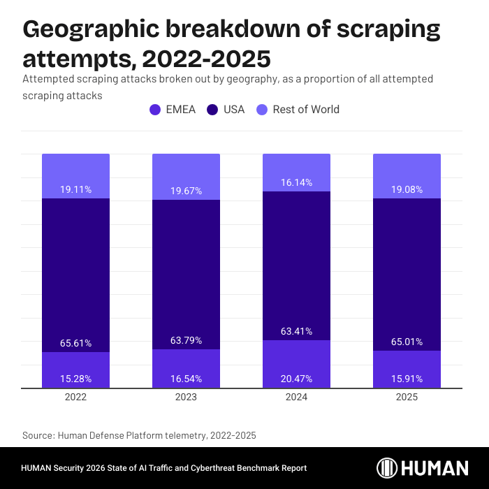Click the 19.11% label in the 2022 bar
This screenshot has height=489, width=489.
75,189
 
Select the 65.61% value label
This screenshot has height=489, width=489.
75,343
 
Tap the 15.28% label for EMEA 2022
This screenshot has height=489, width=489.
75,379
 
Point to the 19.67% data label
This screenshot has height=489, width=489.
186,191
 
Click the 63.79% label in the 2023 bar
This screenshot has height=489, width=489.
186,340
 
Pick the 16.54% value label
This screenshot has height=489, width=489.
186,379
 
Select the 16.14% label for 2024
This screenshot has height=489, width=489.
296,182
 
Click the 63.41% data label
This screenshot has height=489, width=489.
296,331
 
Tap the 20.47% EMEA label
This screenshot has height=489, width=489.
296,379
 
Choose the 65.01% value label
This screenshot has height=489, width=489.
407,342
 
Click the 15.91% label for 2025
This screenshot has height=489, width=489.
407,379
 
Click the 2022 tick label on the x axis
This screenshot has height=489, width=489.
75,397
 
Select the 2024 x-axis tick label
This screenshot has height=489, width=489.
296,397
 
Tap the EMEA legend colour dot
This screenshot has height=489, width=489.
155,110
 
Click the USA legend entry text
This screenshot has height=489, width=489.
234,110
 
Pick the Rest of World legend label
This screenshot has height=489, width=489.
306,110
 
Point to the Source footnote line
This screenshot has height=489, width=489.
139,435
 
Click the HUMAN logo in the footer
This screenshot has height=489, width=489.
423,468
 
